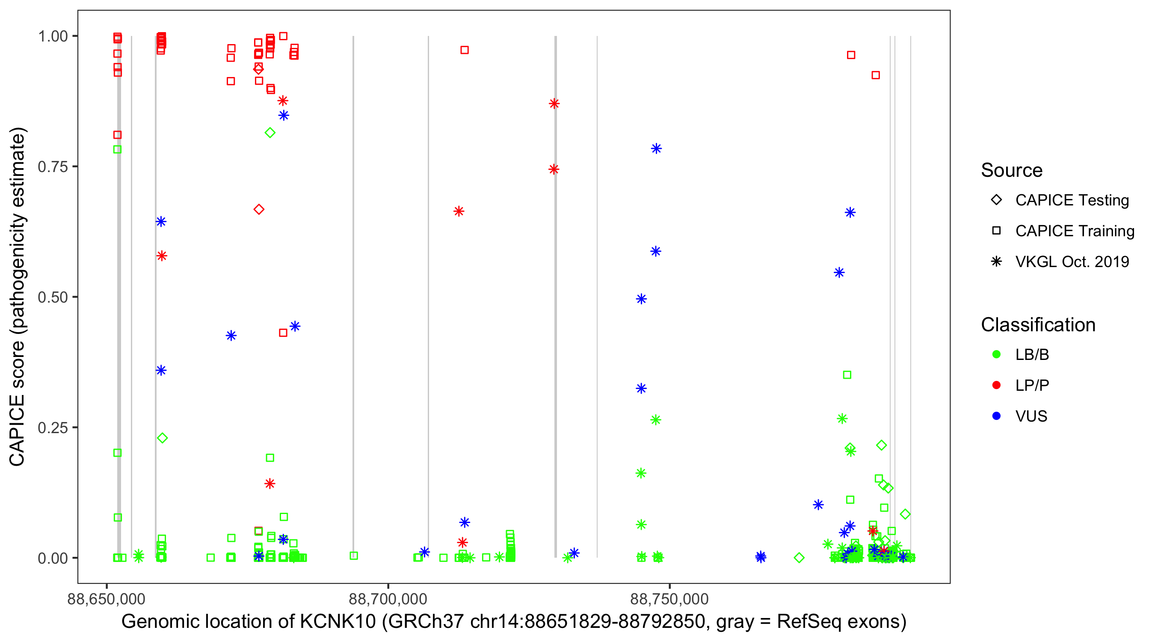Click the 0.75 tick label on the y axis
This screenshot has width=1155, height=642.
[x=52, y=167]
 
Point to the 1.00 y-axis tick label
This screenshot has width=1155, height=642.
[x=52, y=36]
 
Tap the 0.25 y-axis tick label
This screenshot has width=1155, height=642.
[x=52, y=428]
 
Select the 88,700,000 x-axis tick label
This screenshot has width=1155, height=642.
[x=388, y=599]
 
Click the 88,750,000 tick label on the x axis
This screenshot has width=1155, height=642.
[x=669, y=599]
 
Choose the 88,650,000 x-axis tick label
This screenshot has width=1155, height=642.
[x=106, y=599]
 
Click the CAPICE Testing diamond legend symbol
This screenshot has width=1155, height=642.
[x=996, y=200]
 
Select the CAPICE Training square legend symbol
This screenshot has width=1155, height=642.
[x=996, y=231]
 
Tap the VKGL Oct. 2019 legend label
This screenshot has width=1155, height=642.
[x=1072, y=262]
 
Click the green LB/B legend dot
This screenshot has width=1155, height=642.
[x=996, y=354]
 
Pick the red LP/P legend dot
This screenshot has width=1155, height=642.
[x=996, y=385]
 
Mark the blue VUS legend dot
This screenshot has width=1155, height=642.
[x=996, y=416]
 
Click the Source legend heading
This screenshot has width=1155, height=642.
[x=1012, y=170]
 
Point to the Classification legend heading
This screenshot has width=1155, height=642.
[x=1038, y=325]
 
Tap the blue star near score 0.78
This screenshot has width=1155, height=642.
[x=656, y=149]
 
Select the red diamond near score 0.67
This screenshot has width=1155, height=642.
[x=259, y=210]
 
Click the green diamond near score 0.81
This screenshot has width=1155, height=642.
[x=270, y=133]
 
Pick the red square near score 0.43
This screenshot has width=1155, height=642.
[x=283, y=333]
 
